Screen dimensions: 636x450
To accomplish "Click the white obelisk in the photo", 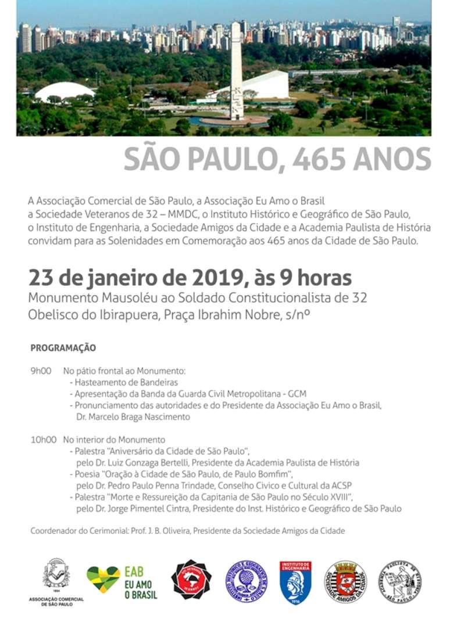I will [x=237, y=70].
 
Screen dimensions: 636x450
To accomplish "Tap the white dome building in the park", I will [x=64, y=92].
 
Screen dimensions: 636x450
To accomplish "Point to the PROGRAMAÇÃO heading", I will [x=63, y=348].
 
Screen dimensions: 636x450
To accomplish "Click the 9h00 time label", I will [x=41, y=371].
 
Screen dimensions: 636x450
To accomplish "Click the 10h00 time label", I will [x=44, y=440].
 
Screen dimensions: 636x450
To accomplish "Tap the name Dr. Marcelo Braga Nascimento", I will [x=133, y=416].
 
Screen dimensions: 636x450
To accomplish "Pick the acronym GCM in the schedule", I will [x=297, y=394].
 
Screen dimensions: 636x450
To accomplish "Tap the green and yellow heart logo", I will [x=103, y=578].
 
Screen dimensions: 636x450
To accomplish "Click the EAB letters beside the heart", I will [x=134, y=572].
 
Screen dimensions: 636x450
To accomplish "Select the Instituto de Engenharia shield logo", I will [x=295, y=582].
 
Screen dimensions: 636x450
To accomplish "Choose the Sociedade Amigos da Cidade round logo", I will [x=345, y=581].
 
